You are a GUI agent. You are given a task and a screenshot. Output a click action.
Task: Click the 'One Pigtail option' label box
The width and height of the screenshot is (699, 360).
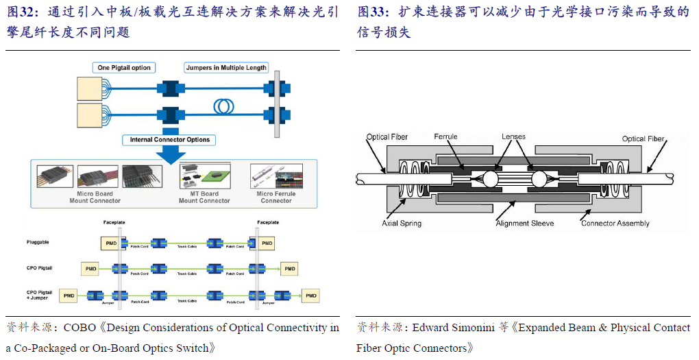(x=123, y=68)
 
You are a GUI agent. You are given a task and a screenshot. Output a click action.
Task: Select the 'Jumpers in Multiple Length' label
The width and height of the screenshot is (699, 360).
(x=226, y=68)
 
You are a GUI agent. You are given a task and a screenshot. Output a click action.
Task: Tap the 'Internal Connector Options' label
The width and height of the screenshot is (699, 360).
(x=170, y=140)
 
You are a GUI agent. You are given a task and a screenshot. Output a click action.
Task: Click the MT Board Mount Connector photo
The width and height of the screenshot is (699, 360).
(x=204, y=176)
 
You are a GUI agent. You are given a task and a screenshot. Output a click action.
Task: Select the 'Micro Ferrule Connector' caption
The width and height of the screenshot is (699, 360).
(x=276, y=197)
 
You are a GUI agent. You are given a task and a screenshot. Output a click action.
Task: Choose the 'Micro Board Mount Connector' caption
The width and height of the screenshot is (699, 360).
(x=95, y=197)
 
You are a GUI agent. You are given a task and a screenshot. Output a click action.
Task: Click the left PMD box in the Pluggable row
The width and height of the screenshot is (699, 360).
(x=110, y=243)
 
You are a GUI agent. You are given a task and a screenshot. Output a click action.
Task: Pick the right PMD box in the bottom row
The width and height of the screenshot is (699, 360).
(x=312, y=296)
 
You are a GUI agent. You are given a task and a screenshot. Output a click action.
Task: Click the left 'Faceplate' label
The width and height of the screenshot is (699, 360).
(x=114, y=222)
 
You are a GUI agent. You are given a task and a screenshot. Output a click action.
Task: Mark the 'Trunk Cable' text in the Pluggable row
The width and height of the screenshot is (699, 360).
(x=187, y=247)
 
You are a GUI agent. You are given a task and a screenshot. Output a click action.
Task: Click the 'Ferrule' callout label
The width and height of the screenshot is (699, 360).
(x=445, y=137)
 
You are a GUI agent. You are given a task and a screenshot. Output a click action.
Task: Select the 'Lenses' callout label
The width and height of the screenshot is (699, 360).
(x=513, y=137)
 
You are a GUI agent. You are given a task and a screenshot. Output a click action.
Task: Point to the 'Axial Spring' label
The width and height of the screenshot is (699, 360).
(x=402, y=224)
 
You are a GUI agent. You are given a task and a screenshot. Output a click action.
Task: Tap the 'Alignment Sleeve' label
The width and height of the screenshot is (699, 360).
(x=524, y=224)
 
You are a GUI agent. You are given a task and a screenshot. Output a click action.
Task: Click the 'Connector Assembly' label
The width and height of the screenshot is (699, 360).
(x=615, y=224)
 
